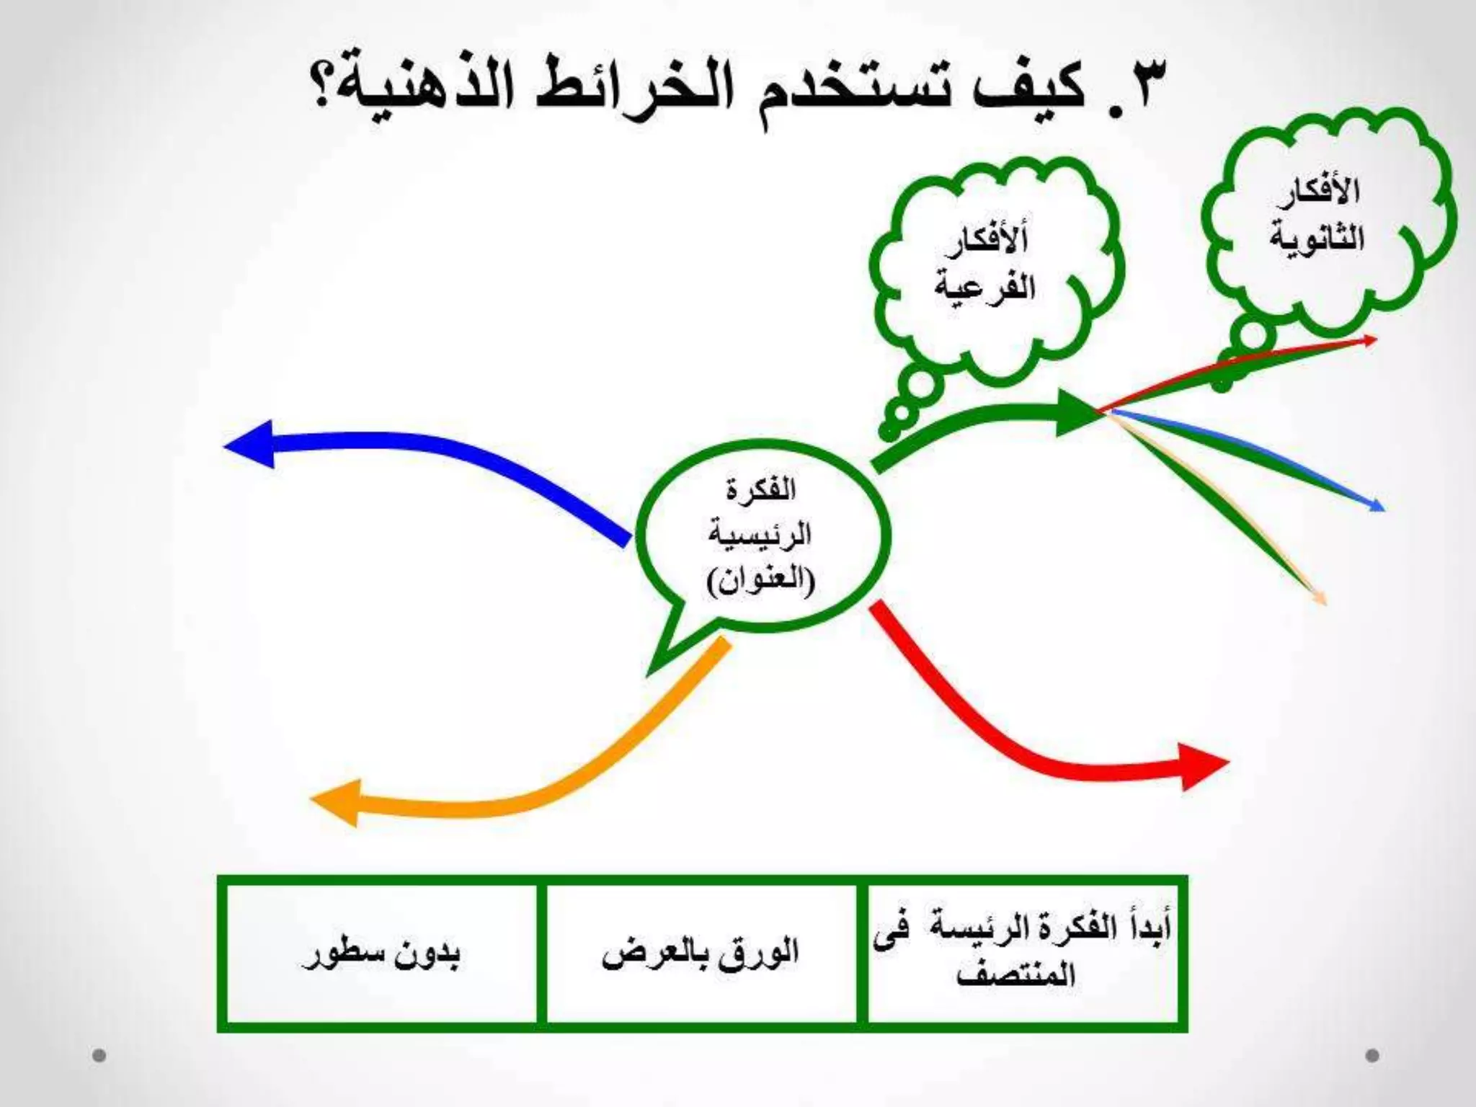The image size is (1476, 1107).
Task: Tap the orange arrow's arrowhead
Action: click(336, 802)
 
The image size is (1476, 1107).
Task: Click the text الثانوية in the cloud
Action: click(1317, 238)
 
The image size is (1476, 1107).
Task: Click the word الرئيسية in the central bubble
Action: click(760, 534)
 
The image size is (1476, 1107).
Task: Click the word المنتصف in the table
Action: click(1017, 974)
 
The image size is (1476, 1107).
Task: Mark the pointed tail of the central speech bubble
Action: click(651, 672)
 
